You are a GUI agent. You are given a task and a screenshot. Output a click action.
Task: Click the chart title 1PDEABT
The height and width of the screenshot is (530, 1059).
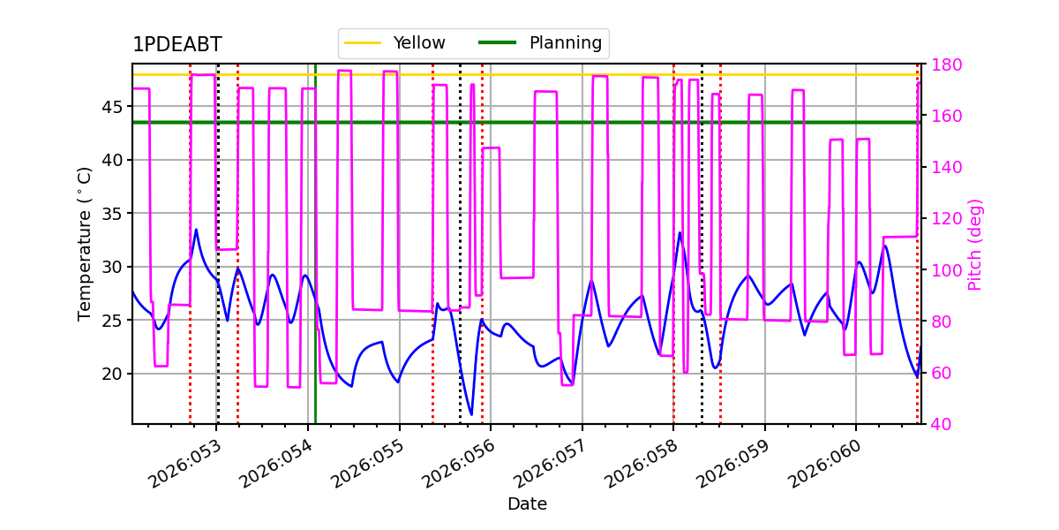coord(176,44)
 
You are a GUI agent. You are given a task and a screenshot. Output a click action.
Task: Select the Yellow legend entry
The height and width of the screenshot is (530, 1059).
coord(394,42)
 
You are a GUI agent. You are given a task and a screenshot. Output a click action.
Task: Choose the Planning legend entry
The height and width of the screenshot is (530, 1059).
coord(540,42)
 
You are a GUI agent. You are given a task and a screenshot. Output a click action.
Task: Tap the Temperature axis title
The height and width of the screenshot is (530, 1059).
coord(84,244)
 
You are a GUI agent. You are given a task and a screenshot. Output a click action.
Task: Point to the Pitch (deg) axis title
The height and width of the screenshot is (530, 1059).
coord(975,246)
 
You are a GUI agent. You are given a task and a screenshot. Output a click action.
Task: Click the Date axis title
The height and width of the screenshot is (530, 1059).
coord(527,504)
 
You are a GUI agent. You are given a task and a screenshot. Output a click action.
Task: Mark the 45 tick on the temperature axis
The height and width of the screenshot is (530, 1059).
coord(111,107)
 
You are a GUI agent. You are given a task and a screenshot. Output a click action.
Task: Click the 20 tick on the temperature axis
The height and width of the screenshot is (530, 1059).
coord(111,374)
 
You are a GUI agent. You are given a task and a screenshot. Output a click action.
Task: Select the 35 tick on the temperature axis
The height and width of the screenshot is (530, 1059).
coord(111,214)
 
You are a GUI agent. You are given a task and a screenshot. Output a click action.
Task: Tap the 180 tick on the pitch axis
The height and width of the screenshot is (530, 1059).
coord(946,64)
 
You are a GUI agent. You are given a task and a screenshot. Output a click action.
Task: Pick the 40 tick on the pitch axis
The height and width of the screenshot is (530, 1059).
coord(942,424)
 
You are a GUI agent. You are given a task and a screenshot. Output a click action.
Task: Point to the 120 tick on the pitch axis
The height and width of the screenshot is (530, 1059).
coord(946,219)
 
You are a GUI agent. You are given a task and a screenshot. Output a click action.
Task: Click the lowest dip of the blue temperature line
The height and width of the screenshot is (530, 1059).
coord(471,415)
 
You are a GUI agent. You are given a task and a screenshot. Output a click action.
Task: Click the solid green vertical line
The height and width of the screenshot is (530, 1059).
coord(315,244)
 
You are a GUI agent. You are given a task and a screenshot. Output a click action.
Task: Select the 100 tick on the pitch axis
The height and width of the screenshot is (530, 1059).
coord(946,269)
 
